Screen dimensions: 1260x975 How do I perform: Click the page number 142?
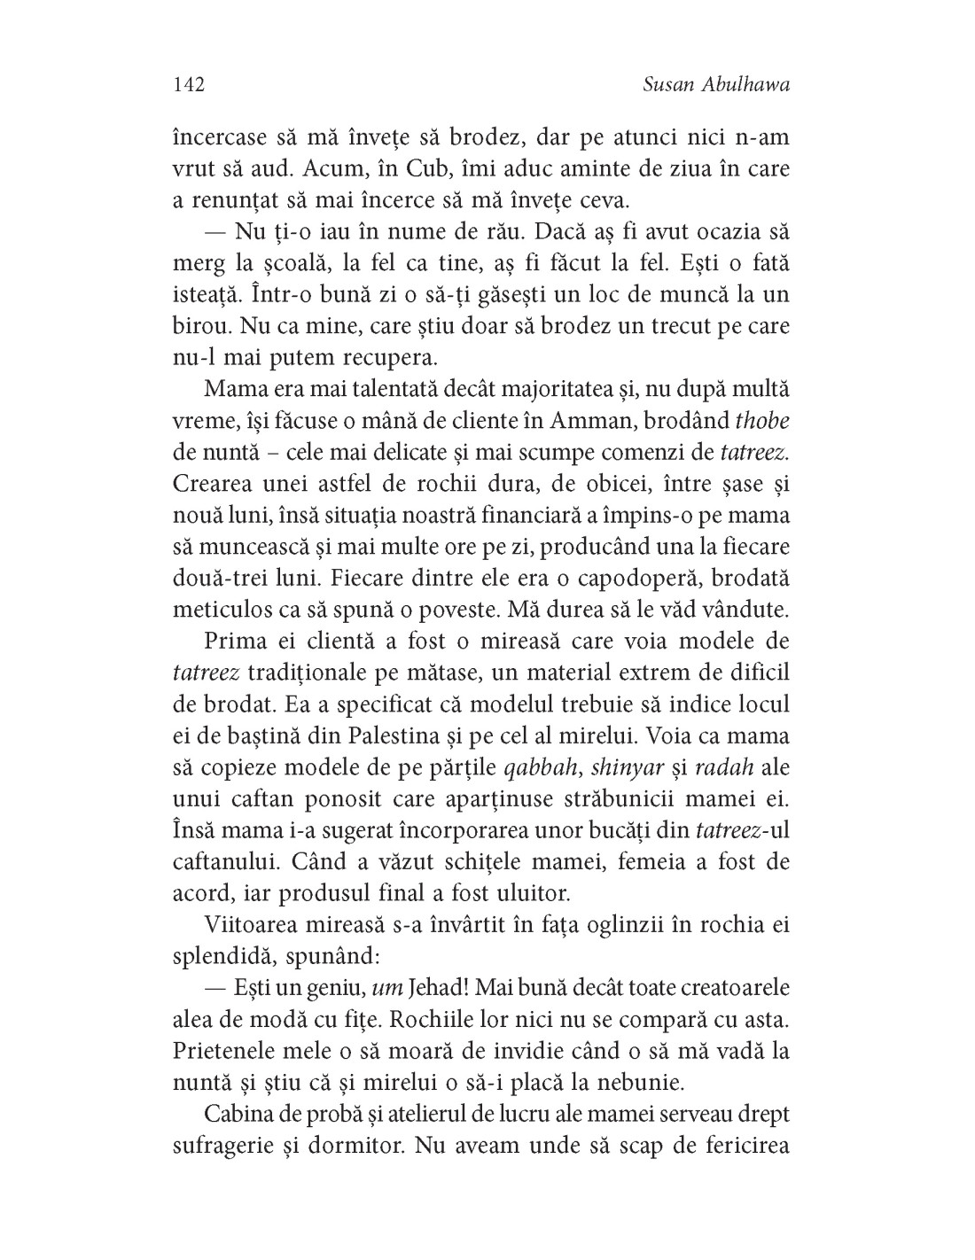pyautogui.click(x=189, y=84)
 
